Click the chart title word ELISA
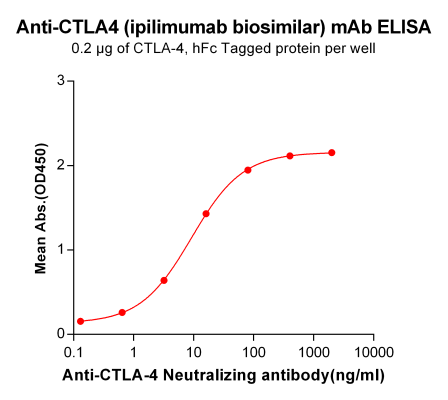click(404, 28)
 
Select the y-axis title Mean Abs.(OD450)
click(41, 207)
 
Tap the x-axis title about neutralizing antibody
click(223, 376)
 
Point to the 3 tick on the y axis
click(62, 80)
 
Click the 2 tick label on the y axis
click(62, 165)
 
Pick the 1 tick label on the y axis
click(62, 249)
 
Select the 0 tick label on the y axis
click(62, 334)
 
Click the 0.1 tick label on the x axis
click(73, 353)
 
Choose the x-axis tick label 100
click(253, 353)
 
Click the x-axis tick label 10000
click(373, 353)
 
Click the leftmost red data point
click(80, 321)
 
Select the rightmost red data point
click(332, 153)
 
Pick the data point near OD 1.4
click(206, 213)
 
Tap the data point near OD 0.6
click(164, 280)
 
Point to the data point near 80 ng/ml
click(248, 170)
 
